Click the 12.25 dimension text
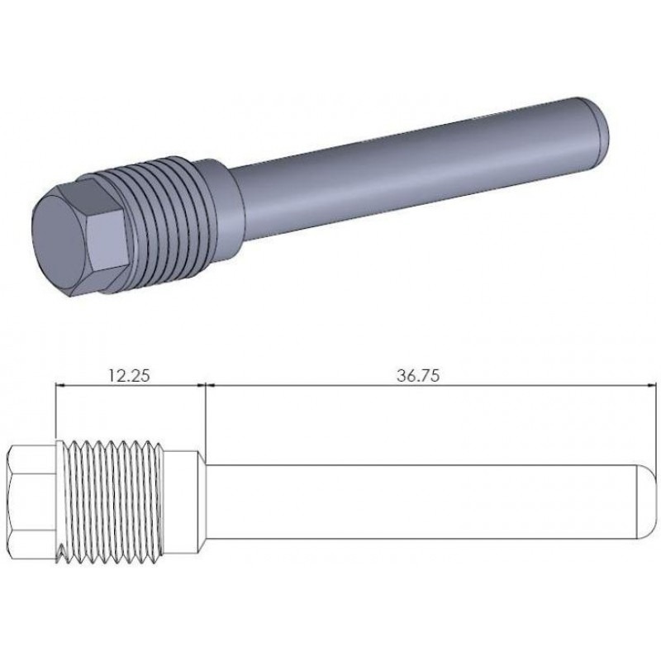(x=129, y=375)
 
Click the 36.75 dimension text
(x=418, y=375)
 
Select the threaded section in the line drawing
(x=111, y=502)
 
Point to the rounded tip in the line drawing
(x=647, y=502)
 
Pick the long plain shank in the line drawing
(x=421, y=502)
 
